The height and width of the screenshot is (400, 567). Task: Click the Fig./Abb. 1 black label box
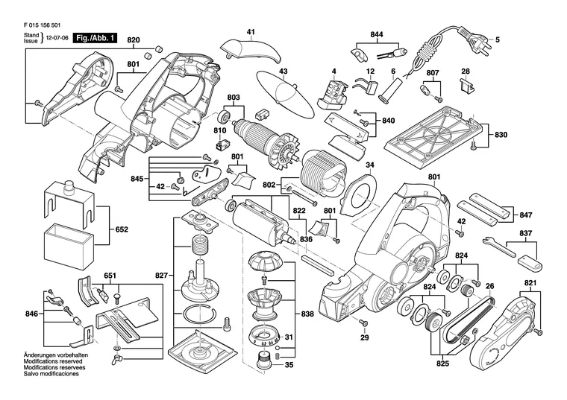click(95, 38)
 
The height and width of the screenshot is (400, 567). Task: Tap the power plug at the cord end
click(472, 36)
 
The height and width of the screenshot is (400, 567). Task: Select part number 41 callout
click(251, 32)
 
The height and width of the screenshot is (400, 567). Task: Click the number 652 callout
click(121, 229)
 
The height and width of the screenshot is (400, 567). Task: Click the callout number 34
click(369, 165)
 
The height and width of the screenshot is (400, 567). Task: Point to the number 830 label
click(501, 135)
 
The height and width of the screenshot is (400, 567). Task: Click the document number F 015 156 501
click(42, 25)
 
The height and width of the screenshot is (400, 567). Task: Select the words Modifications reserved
click(53, 361)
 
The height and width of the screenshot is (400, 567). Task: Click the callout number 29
click(365, 338)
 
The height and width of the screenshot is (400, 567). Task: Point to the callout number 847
click(526, 215)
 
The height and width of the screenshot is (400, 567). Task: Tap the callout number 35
click(289, 365)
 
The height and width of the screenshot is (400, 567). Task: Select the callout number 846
click(32, 314)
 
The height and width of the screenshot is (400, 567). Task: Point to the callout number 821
click(530, 282)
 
